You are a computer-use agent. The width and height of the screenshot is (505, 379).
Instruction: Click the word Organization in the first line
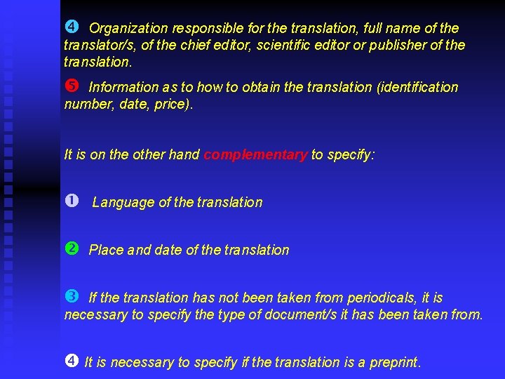128,29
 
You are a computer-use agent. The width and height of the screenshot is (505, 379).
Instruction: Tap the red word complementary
255,154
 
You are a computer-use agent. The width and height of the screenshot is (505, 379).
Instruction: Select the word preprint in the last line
395,362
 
